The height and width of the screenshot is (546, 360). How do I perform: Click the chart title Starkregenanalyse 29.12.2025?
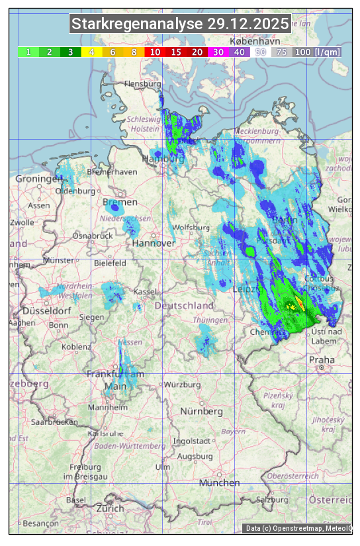[x=180, y=24]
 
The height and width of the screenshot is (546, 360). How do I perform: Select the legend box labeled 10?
[x=155, y=52]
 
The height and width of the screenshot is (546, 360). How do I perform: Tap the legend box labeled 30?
[x=218, y=52]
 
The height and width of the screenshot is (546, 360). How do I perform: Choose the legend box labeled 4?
[x=91, y=52]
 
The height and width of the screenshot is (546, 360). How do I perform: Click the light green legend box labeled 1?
[x=28, y=52]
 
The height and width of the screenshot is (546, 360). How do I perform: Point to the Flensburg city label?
[x=143, y=85]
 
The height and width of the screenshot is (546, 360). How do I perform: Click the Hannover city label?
[x=153, y=243]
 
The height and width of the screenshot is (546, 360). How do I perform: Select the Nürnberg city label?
[x=202, y=411]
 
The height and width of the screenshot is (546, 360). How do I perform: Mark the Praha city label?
[x=322, y=359]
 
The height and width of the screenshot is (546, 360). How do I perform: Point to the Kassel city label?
[x=144, y=291]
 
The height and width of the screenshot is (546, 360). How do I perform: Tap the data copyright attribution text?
[x=298, y=528]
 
